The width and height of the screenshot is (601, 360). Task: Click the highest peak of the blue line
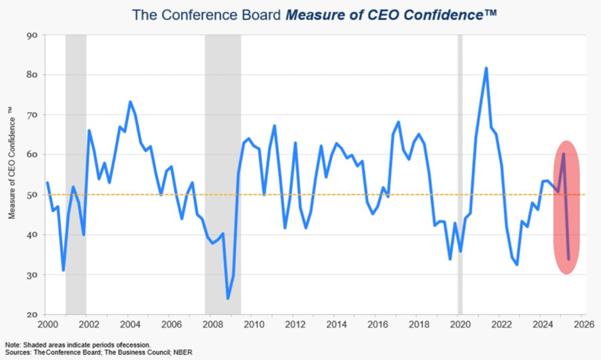coord(486,68)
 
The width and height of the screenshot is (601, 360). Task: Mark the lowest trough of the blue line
coord(227,298)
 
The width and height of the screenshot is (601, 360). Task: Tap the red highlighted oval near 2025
coord(566,208)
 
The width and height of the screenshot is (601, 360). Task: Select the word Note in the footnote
coord(11,345)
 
